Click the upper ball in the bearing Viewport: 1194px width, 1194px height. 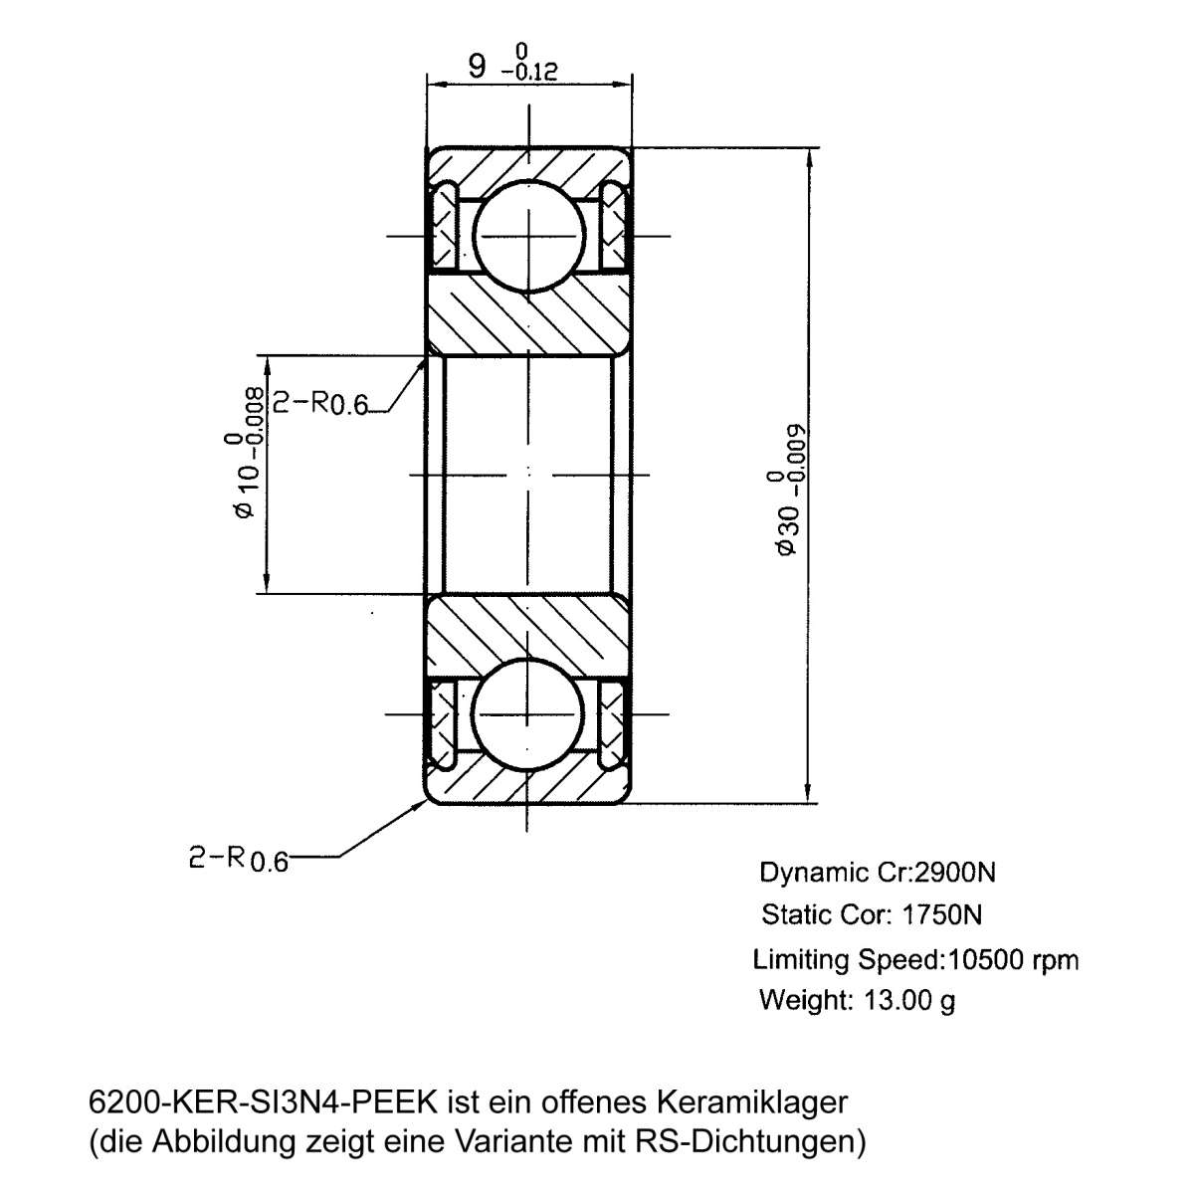click(527, 236)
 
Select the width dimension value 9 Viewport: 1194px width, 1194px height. click(478, 67)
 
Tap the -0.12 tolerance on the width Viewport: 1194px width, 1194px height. click(528, 72)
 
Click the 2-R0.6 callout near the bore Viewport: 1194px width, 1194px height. click(320, 403)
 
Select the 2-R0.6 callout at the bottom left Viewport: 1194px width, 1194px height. click(238, 859)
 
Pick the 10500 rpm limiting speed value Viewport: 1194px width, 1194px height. click(1014, 959)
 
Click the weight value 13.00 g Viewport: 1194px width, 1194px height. click(906, 1000)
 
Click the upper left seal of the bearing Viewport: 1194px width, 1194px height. click(443, 227)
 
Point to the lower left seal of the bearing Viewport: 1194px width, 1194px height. click(443, 722)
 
